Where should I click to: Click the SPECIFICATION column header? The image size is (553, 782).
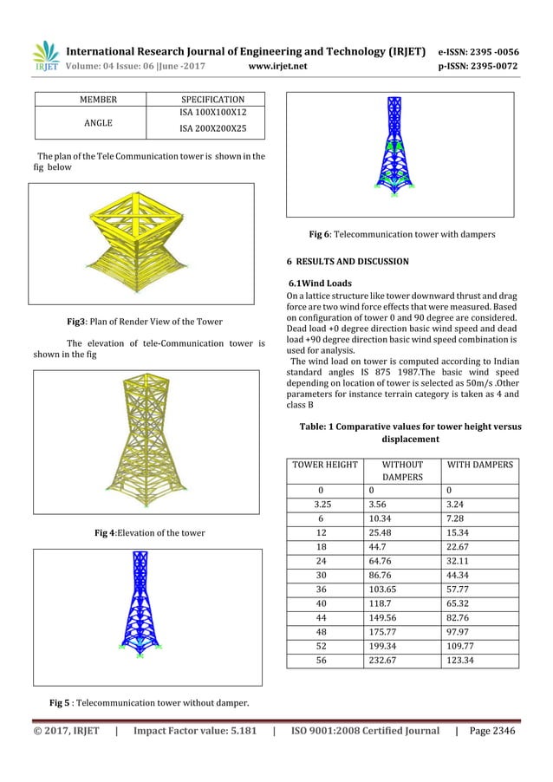coord(211,99)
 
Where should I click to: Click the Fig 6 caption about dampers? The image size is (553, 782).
coord(402,234)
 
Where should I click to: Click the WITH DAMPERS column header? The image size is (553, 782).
coord(479,465)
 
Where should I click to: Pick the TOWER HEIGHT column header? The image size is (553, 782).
coord(324,465)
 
